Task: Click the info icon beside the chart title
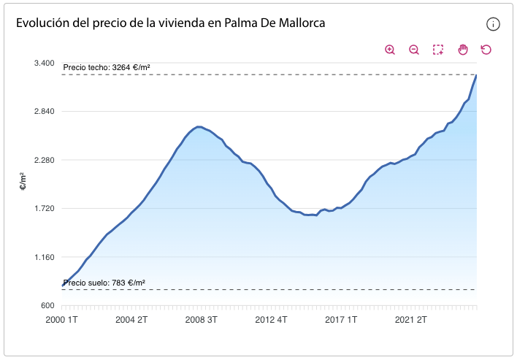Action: point(493,24)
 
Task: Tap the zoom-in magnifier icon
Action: point(390,50)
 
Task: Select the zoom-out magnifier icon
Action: point(414,50)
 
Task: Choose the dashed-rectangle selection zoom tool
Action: point(438,50)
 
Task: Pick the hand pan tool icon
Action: point(462,50)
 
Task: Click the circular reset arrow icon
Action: point(486,50)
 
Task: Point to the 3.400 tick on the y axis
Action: point(45,63)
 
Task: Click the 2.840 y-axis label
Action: point(45,111)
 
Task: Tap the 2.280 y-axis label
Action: point(45,160)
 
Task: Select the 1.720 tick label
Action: point(45,209)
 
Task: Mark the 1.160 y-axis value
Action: point(45,257)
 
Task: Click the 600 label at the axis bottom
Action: point(49,306)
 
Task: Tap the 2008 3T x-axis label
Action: point(201,320)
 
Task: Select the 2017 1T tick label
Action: point(340,320)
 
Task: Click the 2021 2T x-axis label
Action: point(410,320)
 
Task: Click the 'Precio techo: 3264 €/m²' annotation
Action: point(107,68)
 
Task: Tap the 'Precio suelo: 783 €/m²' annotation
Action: point(104,283)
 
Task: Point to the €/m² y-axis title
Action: point(22,183)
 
